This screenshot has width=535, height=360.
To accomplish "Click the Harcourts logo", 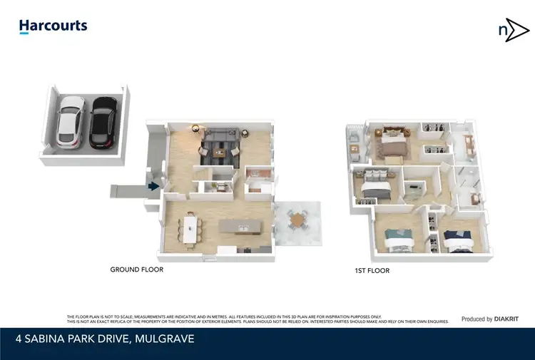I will (x=53, y=26).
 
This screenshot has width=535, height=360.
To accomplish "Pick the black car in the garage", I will (x=103, y=123).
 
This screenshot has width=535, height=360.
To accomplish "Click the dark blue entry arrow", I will (x=153, y=187).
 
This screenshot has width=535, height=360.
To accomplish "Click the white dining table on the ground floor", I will (x=190, y=230).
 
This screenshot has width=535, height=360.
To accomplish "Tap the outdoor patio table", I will (x=297, y=220).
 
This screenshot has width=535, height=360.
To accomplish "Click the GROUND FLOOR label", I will (x=136, y=270).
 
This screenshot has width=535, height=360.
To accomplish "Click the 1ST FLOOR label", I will (x=372, y=271).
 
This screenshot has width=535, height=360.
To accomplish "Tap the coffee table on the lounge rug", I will (x=225, y=150).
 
